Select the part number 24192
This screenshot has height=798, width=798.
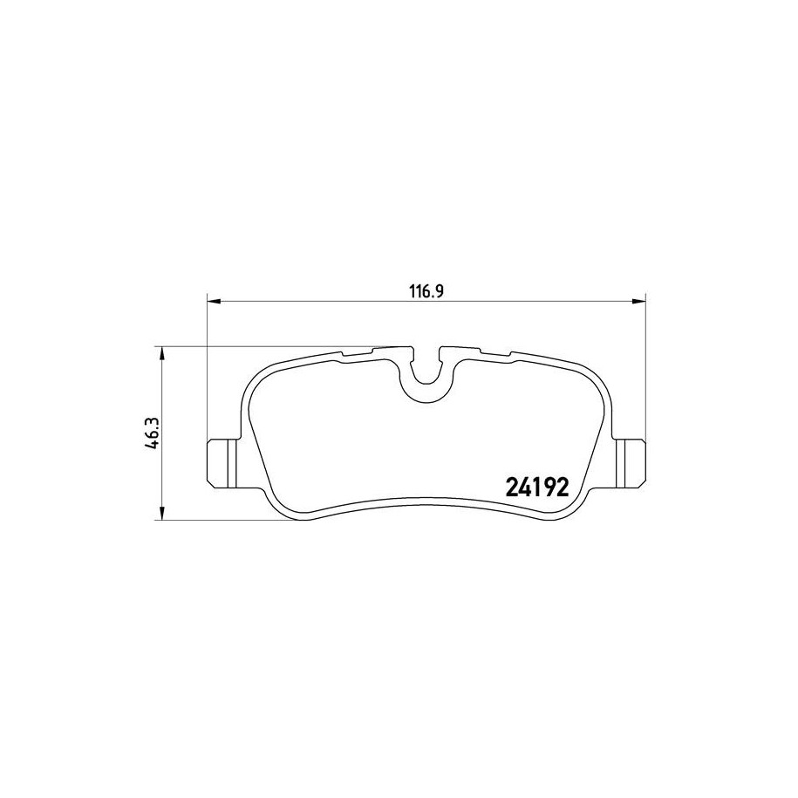pyautogui.click(x=536, y=488)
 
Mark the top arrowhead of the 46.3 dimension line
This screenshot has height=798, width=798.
pyautogui.click(x=162, y=353)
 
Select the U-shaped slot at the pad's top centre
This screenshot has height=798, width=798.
pyautogui.click(x=426, y=380)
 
